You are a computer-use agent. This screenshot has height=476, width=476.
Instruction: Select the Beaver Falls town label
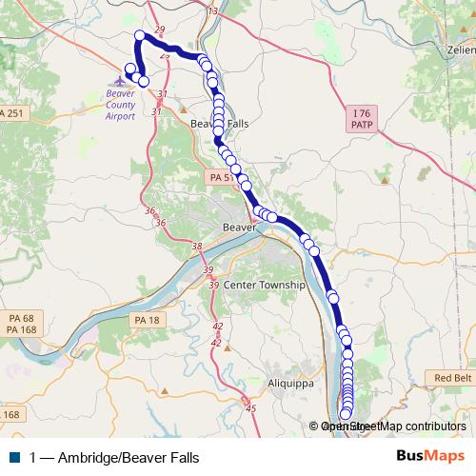coord(219,124)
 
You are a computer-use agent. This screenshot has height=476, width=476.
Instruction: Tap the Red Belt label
coord(452,378)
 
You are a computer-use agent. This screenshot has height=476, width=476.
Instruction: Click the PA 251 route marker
coord(11,114)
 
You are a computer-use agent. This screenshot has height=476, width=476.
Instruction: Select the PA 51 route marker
coord(220,177)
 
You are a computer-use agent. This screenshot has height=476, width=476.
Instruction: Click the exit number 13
coord(211,10)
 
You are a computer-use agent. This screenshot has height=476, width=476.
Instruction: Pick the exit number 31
coord(162,94)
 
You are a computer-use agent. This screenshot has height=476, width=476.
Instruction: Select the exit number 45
coord(251,408)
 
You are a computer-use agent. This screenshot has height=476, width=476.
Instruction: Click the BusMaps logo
coord(430,456)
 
